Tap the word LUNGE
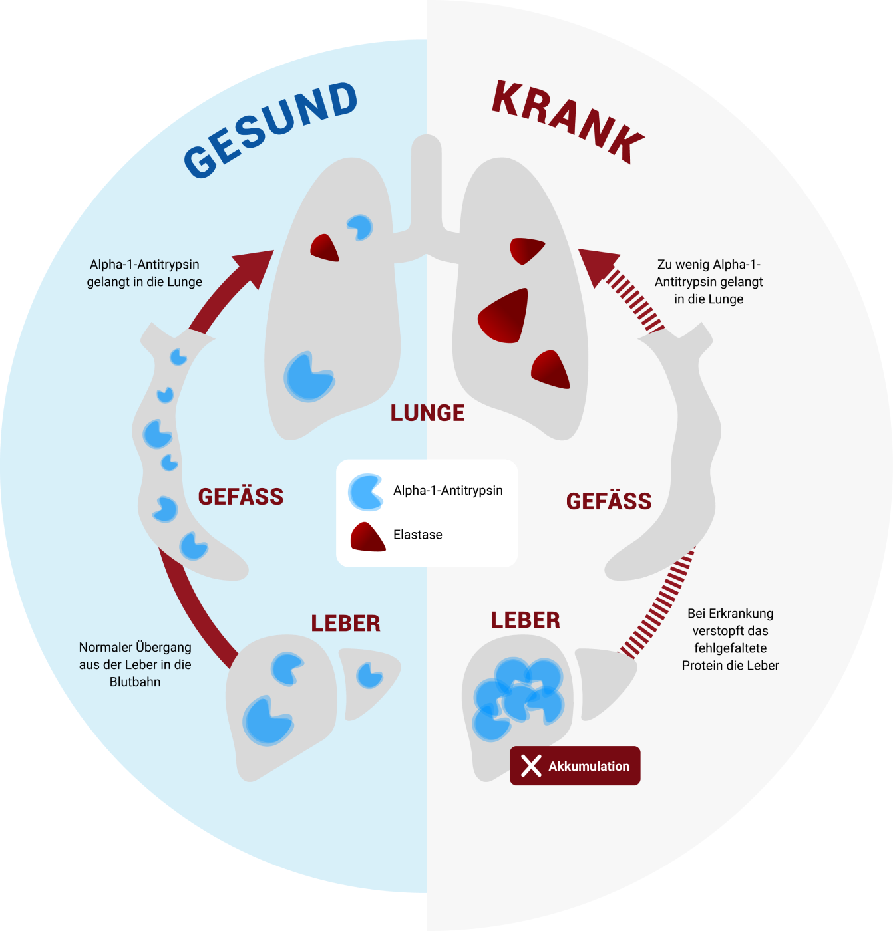tap(427, 413)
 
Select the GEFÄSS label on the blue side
tap(241, 497)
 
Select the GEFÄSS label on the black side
tap(609, 501)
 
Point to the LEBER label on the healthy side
tap(346, 623)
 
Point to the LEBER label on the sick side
tap(526, 620)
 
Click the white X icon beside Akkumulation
tap(531, 766)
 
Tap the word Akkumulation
tap(589, 767)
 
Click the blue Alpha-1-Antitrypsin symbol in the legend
tap(365, 492)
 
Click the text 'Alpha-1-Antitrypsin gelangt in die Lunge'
tap(144, 273)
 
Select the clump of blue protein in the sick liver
tap(518, 698)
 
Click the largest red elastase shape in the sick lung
tap(506, 317)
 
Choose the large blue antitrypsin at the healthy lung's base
tap(308, 377)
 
